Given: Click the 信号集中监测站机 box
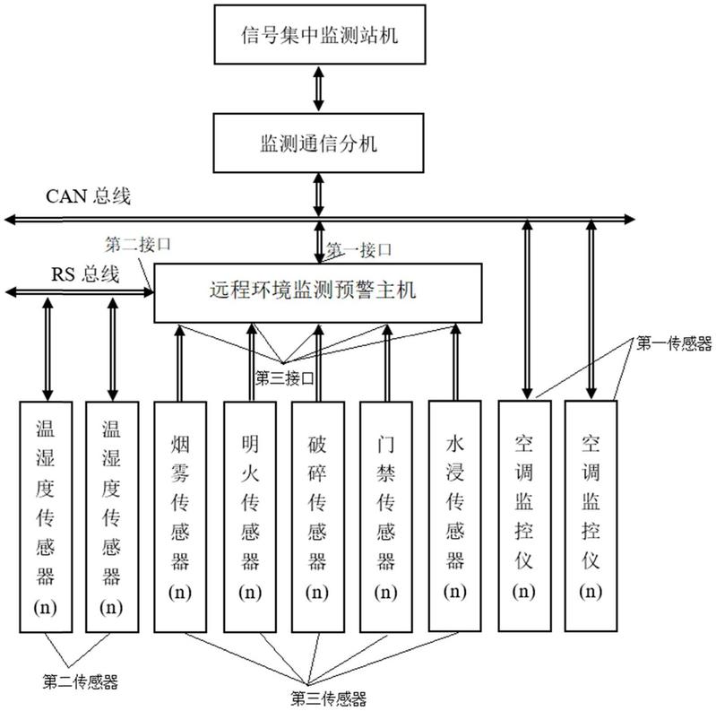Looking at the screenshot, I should tap(319, 36).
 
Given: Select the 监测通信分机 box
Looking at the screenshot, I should tap(319, 143).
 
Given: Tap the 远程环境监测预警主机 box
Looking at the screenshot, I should tap(318, 291).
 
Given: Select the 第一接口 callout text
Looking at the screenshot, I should tap(358, 248).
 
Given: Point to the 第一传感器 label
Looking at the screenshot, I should tap(675, 342).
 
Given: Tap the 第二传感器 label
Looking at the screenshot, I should tap(81, 681).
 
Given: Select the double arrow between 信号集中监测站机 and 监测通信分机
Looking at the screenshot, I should tap(318, 90).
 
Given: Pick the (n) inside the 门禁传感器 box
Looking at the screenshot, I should tap(386, 593).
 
